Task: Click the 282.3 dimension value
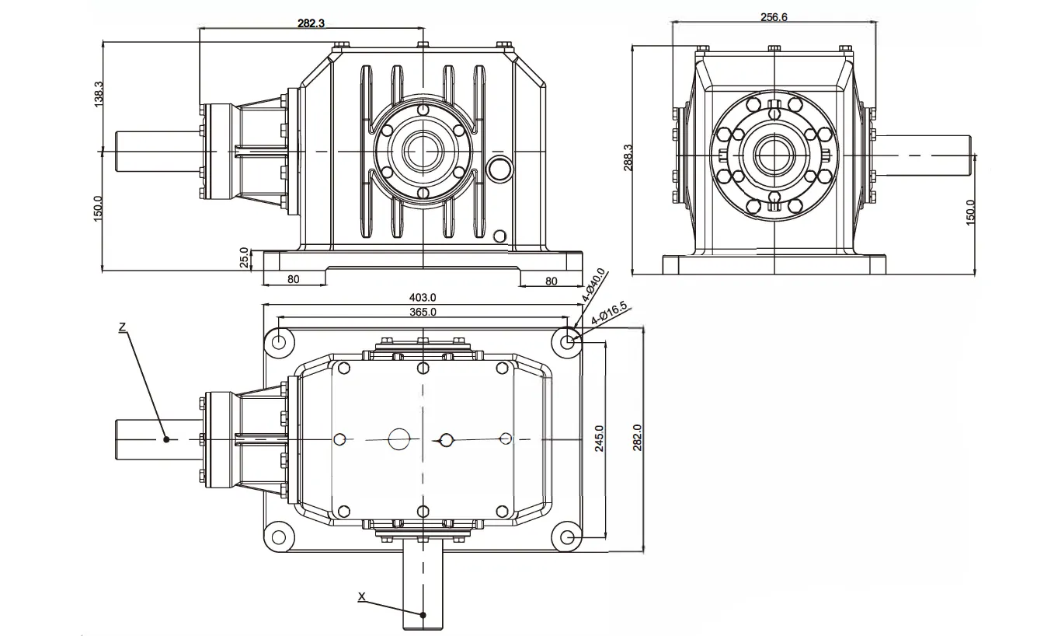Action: [311, 23]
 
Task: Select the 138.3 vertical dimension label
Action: [98, 95]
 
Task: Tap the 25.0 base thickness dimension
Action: [244, 257]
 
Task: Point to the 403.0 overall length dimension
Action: [423, 297]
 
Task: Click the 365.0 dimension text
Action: [423, 312]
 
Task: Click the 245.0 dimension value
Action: [599, 439]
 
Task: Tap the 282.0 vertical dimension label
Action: [638, 439]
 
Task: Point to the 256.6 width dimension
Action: [774, 16]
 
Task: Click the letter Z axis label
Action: [122, 327]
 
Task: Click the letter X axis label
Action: [361, 596]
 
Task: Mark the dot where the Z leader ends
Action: [166, 439]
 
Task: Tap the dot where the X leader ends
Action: [423, 614]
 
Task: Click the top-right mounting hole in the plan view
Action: [568, 341]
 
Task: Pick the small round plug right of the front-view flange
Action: [498, 167]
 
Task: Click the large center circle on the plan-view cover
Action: [399, 439]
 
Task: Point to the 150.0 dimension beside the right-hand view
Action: [969, 211]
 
